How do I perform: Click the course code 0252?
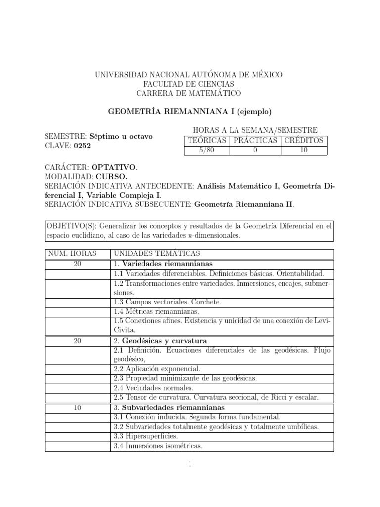pyautogui.click(x=82, y=146)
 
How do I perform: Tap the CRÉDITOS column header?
pyautogui.click(x=304, y=140)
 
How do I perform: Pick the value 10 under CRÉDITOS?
pyautogui.click(x=304, y=150)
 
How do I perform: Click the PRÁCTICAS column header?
pyautogui.click(x=255, y=140)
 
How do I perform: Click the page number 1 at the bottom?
pyautogui.click(x=189, y=464)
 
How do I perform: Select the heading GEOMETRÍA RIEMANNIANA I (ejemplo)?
pyautogui.click(x=190, y=111)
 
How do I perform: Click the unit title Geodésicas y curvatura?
pyautogui.click(x=164, y=341)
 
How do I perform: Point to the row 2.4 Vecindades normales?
pyautogui.click(x=153, y=388)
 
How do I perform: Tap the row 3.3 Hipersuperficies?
pyautogui.click(x=146, y=436)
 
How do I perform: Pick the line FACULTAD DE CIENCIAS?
pyautogui.click(x=189, y=84)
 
